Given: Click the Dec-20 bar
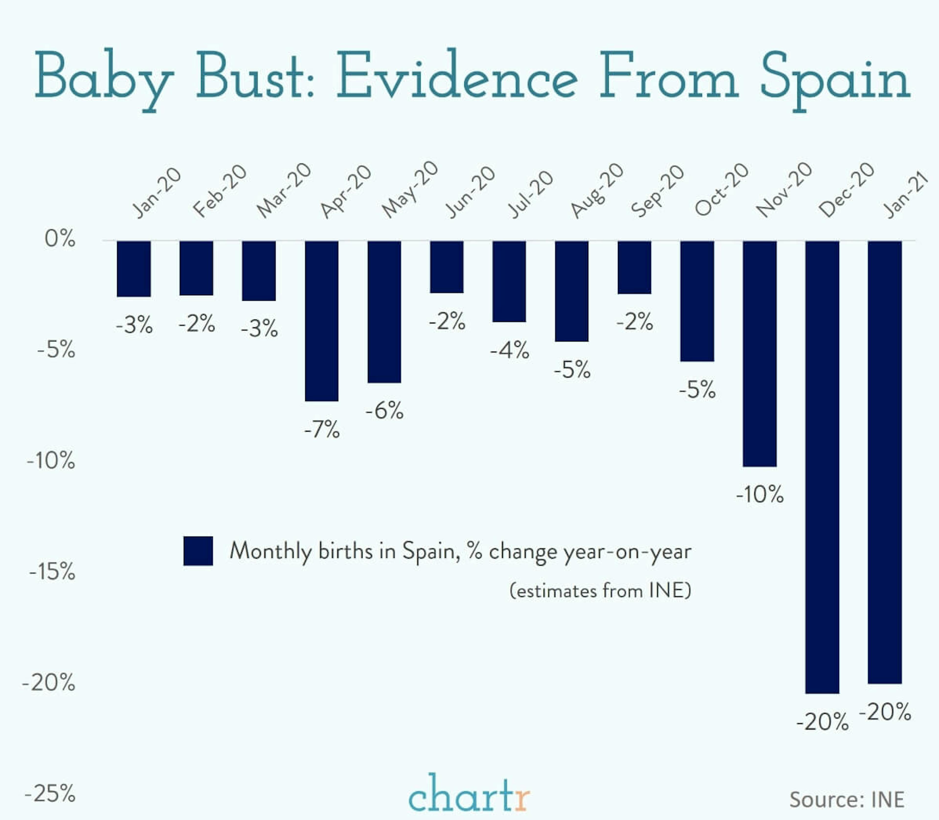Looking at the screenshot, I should click(822, 467).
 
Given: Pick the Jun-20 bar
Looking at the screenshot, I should click(447, 267).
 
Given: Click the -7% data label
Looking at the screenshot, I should click(322, 430).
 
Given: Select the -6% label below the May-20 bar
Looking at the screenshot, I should click(384, 410).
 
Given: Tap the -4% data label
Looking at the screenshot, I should click(509, 351).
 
